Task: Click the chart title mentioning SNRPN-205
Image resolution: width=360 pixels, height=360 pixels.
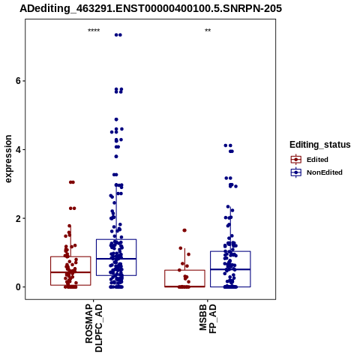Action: (151, 8)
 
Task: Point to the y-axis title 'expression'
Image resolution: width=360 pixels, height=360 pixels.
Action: (8, 159)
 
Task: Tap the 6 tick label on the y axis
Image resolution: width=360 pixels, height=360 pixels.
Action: (18, 81)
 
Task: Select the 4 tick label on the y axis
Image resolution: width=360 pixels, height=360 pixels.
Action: (18, 150)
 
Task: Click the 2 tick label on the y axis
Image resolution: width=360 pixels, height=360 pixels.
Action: (18, 218)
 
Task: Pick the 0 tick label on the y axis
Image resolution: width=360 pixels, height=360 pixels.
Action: (18, 287)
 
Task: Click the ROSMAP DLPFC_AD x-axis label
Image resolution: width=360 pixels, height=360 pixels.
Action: (94, 328)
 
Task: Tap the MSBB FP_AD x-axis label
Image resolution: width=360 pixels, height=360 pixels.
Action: (208, 319)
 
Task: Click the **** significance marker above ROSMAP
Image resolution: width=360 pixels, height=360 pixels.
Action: (94, 31)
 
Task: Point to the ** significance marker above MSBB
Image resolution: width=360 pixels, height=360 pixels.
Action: (208, 31)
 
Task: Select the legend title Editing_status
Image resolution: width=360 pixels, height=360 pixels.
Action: (320, 145)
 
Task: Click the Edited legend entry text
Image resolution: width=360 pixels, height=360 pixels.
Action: (317, 160)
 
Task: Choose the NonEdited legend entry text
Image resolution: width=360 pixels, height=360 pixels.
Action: (325, 172)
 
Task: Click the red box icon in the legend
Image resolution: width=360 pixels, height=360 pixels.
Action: (296, 159)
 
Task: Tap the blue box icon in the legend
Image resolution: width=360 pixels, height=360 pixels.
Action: (296, 172)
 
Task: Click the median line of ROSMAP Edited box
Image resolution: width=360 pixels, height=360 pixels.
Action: (70, 272)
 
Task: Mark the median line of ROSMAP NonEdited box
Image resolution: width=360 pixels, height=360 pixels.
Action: (116, 259)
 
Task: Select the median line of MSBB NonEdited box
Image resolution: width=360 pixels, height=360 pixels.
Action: (230, 269)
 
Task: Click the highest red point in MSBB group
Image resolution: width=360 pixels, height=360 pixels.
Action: (184, 230)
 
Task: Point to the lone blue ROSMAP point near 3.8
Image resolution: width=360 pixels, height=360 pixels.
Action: (116, 157)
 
